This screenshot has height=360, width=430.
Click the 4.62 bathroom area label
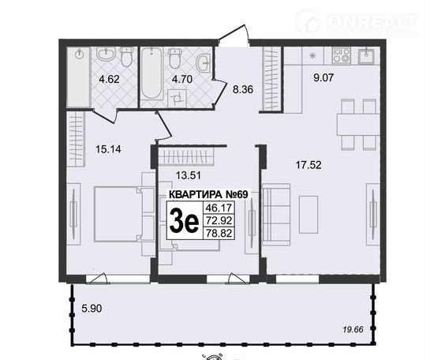(109, 79)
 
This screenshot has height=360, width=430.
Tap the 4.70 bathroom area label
(182, 79)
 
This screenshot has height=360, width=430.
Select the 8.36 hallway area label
(243, 89)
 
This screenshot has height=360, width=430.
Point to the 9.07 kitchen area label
(323, 77)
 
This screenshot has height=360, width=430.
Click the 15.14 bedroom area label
(108, 149)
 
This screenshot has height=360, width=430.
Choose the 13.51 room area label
(189, 175)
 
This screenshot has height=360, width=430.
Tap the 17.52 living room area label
(308, 165)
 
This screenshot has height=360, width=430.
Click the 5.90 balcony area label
(92, 309)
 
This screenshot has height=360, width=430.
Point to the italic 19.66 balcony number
(353, 329)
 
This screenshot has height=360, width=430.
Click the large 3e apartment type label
(184, 219)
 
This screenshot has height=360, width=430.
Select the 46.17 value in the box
(219, 208)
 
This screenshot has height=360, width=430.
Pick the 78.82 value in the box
(219, 233)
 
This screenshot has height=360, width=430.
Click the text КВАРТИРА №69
(208, 194)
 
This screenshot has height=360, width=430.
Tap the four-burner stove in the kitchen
(341, 55)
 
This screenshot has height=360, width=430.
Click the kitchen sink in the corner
(366, 55)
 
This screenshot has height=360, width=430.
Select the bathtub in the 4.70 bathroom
(151, 73)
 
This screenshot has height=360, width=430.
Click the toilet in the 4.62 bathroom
(127, 57)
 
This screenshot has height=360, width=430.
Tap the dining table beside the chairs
(358, 125)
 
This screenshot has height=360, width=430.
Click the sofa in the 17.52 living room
(276, 214)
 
